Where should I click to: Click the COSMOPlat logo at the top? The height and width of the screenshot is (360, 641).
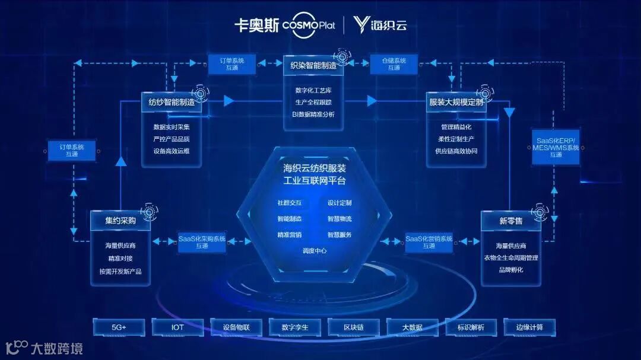[308, 26]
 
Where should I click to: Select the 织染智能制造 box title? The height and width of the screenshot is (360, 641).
[313, 65]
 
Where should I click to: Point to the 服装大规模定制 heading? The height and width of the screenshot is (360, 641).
[456, 103]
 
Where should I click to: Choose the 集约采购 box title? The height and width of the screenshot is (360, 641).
[120, 221]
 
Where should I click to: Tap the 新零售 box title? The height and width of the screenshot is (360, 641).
[510, 221]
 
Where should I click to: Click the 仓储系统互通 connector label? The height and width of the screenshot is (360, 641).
[394, 64]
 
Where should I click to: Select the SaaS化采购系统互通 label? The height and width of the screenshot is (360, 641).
[202, 242]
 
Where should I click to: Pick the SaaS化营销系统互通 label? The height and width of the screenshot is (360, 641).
[429, 242]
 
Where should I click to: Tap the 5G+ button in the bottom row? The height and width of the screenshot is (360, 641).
[119, 327]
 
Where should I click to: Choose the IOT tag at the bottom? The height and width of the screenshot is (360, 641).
[177, 327]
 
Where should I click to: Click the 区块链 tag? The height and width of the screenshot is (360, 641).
[353, 327]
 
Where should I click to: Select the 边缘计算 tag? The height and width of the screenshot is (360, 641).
[529, 327]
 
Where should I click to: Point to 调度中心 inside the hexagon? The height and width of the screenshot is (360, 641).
[314, 251]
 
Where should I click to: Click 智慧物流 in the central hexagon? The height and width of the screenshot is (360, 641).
[339, 219]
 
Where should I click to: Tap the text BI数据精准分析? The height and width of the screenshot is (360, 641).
[313, 114]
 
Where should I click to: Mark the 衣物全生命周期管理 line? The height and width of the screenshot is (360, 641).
[510, 258]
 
